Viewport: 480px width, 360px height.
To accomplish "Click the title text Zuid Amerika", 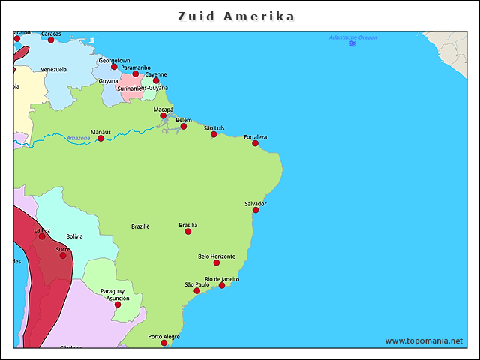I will point(237,16).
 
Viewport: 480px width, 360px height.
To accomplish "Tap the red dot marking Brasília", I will point(188,232).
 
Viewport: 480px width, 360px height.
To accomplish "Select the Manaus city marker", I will point(101,139).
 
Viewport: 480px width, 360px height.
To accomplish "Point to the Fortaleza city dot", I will point(256,143).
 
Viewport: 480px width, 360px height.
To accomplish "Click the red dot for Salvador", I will point(256,210).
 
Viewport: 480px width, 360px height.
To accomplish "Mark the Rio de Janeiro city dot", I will point(222,285).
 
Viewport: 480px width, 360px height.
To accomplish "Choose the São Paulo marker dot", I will point(197,291).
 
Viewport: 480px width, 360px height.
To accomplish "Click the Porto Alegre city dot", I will point(164,343).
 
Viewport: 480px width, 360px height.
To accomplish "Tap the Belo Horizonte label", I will point(217,256).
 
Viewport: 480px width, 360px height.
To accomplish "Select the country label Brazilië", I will point(140,226).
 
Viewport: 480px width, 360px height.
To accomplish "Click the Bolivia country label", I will point(74,236).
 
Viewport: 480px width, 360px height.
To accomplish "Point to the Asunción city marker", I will point(118,304).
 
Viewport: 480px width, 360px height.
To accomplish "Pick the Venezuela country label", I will point(54,69).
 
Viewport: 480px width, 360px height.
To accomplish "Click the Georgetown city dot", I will point(115,67).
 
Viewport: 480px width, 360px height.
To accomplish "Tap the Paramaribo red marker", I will point(136,73).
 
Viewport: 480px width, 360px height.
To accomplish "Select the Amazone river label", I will point(78,138).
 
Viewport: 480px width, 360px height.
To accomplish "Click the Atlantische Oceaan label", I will point(353,37).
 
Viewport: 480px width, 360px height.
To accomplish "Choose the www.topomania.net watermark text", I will point(424,341).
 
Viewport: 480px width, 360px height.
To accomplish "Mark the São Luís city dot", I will point(214,134).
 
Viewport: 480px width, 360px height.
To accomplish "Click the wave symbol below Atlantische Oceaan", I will point(352,44).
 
